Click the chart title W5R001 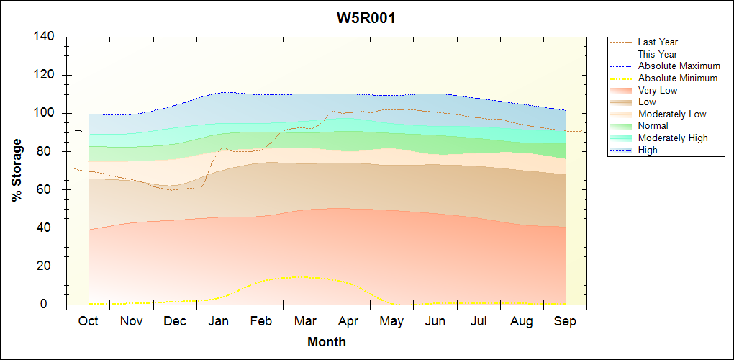(x=366, y=18)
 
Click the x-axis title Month (x=326, y=342)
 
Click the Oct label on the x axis (x=88, y=321)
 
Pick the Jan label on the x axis (x=218, y=321)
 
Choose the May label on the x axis (x=391, y=321)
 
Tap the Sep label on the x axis (x=565, y=321)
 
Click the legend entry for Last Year (x=658, y=42)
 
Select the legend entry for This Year (x=658, y=55)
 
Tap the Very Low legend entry (x=658, y=90)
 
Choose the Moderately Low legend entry (x=672, y=114)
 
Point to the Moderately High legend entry (x=673, y=138)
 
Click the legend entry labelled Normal (x=653, y=126)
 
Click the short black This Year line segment (x=76, y=130)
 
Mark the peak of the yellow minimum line (x=297, y=276)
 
